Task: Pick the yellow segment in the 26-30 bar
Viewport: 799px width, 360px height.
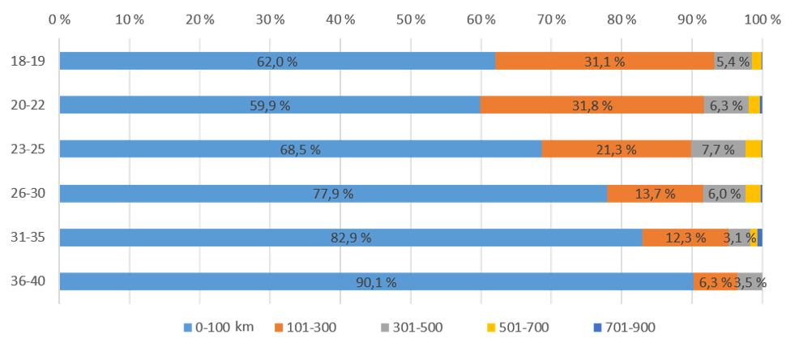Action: [x=752, y=194]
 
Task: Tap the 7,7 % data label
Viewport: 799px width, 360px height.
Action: [x=718, y=149]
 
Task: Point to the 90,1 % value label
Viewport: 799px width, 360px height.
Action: [x=376, y=282]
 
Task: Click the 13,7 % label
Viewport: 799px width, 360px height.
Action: [x=635, y=194]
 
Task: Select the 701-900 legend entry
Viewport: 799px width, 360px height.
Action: [x=626, y=328]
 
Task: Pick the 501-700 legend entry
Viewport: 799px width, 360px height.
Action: [x=519, y=328]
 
